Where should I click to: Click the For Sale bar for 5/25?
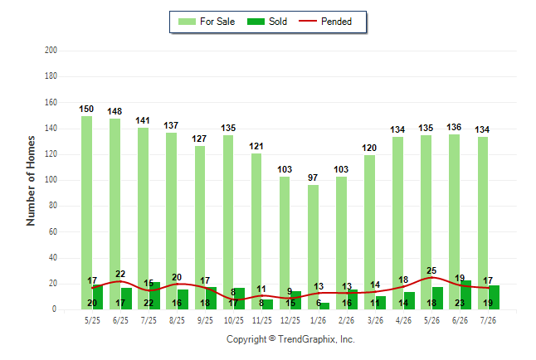86,212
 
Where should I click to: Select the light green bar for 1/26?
313,247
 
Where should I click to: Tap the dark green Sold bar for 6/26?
465,295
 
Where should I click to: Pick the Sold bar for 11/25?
267,304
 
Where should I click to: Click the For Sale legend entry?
207,22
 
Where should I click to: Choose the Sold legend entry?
267,22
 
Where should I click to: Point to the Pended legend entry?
325,22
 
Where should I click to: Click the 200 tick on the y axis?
51,51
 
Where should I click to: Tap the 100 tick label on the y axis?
51,180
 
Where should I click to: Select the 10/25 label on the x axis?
234,320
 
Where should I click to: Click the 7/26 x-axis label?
488,320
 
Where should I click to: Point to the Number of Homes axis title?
31,181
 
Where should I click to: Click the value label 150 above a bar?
86,109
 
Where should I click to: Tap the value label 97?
313,178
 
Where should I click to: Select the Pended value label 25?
431,270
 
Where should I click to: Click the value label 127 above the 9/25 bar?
199,139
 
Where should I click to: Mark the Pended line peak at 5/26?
431,277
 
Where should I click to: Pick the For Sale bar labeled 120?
369,232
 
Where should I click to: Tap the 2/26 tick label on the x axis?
347,320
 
